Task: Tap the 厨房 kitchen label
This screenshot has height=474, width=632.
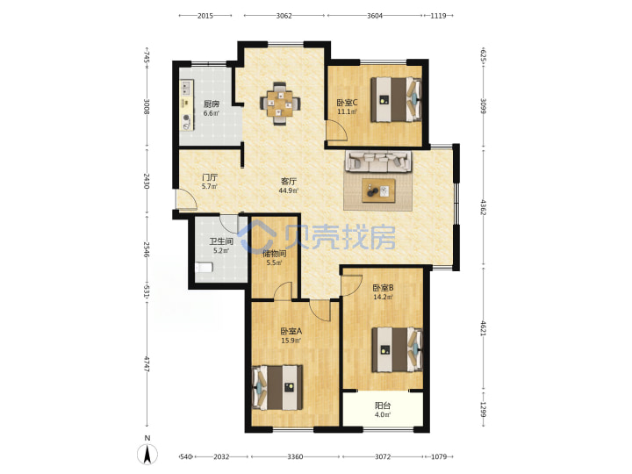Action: point(212,104)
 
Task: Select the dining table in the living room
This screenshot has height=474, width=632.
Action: point(280,104)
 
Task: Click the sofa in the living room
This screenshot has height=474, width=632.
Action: point(377,162)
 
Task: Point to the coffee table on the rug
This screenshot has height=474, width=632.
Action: point(378,190)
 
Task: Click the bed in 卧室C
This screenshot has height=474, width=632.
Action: point(396,99)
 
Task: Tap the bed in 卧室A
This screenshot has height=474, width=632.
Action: point(277,388)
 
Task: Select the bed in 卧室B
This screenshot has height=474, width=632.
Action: point(397,349)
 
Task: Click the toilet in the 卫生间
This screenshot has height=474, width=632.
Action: point(204,267)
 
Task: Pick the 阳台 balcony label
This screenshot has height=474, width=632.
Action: point(383,406)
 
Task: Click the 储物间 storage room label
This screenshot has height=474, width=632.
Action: point(274,254)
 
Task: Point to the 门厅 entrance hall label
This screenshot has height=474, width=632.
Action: point(210,177)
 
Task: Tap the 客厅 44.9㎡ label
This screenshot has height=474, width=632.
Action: point(289,185)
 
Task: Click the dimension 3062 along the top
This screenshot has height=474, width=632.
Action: point(284,16)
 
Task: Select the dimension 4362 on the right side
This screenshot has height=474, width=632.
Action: point(483,206)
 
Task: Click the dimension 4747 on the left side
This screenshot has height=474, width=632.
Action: point(147,364)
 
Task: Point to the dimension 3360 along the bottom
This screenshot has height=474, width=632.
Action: point(295,456)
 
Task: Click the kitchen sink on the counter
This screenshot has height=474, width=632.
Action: point(187,85)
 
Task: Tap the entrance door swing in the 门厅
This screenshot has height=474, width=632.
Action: point(186,198)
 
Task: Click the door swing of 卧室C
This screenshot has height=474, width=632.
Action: point(336,130)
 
